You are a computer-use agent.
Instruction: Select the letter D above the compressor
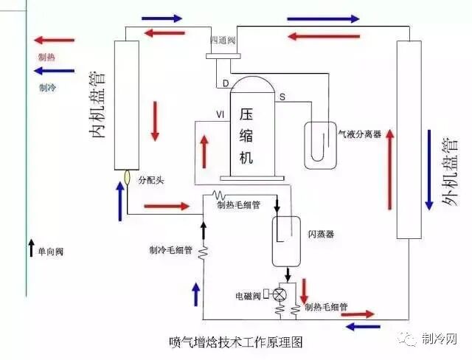pos(226,83)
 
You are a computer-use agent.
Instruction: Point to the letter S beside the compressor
pos(281,97)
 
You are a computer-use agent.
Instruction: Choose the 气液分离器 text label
pos(359,134)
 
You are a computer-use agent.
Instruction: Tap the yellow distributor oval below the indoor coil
pos(127,177)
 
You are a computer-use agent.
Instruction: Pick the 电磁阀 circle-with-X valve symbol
pos(279,294)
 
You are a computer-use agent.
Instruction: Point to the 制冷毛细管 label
pos(170,250)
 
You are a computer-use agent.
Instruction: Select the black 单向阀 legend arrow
pos(31,245)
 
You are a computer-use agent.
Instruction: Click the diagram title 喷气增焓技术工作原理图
pos(235,342)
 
